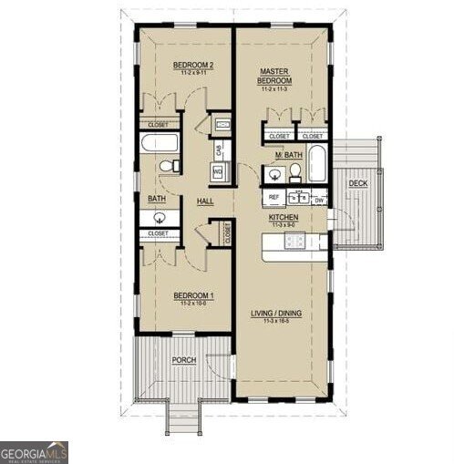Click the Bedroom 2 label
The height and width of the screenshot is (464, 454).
pyautogui.click(x=192, y=65)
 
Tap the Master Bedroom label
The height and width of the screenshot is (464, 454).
pyautogui.click(x=274, y=75)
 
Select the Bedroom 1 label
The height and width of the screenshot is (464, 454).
pyautogui.click(x=192, y=296)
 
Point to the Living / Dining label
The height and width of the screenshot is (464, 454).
pyautogui.click(x=275, y=314)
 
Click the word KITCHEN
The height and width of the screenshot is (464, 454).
pyautogui.click(x=284, y=219)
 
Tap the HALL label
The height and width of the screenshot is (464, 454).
pyautogui.click(x=205, y=201)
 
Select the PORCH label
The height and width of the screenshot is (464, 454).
pyautogui.click(x=183, y=360)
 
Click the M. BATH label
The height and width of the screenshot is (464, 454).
pyautogui.click(x=290, y=156)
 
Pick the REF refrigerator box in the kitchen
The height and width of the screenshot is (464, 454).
pyautogui.click(x=273, y=197)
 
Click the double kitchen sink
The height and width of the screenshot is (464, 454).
pyautogui.click(x=296, y=197)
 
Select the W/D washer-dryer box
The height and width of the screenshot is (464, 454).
pyautogui.click(x=219, y=170)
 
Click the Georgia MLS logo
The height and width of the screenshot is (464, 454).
pyautogui.click(x=34, y=452)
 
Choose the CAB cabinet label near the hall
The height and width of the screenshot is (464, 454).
pyautogui.click(x=219, y=148)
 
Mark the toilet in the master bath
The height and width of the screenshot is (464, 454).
pyautogui.click(x=295, y=173)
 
